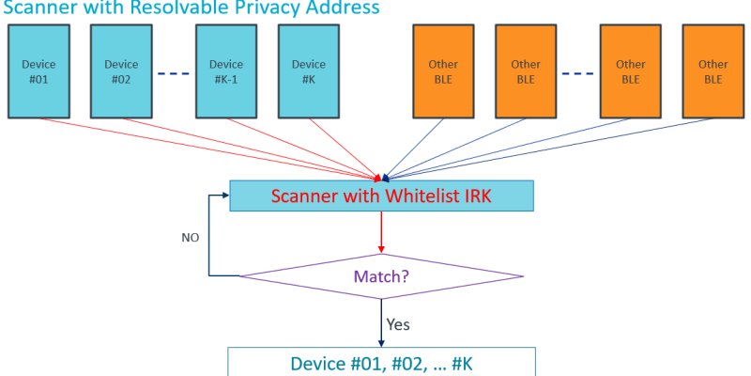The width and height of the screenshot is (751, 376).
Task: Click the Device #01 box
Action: pos(39,71)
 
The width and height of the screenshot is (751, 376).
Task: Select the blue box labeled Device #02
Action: pos(121,71)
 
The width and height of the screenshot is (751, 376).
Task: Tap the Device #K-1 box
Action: pos(226,71)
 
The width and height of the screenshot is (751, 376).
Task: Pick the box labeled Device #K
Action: pos(309,71)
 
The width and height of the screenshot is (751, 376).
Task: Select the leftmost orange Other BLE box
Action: pos(443,71)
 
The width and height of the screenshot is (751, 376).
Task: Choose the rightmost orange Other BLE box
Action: pos(713,71)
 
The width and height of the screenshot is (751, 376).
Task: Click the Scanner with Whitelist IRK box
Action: pos(381,196)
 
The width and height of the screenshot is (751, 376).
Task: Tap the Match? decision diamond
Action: pos(381,276)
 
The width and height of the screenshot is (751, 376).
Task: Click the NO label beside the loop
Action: pos(190,238)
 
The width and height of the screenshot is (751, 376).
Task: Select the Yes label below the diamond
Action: pos(398,325)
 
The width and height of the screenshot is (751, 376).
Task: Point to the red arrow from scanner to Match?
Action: pos(381,231)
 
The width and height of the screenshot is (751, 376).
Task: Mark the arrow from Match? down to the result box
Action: pos(381,323)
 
